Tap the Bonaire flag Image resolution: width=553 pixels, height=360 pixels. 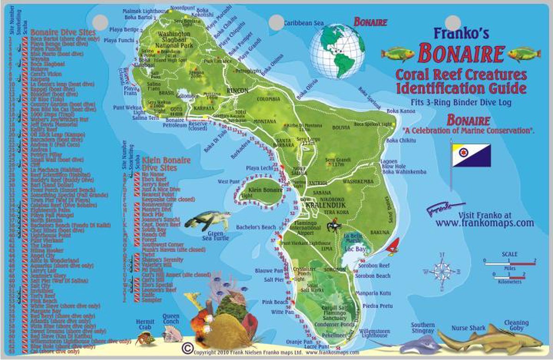(x=471, y=155)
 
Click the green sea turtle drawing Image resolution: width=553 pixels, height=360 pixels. (x=207, y=220)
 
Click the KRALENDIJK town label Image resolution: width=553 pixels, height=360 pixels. (x=320, y=203)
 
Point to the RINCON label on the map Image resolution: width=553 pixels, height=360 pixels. (x=237, y=90)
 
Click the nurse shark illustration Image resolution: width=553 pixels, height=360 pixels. (x=488, y=339)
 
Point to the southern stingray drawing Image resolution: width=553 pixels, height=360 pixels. (x=417, y=343)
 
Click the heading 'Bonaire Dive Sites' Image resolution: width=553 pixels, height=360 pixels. (x=63, y=33)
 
